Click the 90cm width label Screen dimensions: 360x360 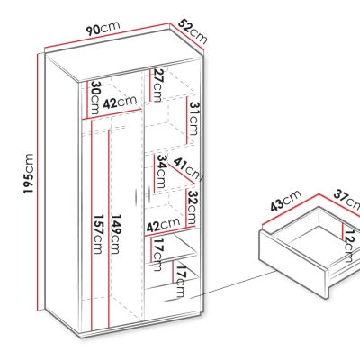point(103,29)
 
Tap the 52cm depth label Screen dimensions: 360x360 point(193,31)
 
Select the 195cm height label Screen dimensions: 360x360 point(29,174)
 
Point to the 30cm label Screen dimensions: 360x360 point(94,97)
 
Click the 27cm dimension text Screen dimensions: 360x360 point(157,85)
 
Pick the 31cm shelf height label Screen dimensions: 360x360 point(194,119)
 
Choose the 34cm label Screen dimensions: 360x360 point(161,171)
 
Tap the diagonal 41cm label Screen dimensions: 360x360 point(188,169)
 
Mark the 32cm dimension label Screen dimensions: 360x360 point(193,208)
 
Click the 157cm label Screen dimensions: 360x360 point(98,234)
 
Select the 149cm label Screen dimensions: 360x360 point(115,234)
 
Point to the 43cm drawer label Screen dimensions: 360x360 point(285,201)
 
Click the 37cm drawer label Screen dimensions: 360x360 point(347,199)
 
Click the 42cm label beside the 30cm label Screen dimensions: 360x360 point(120,102)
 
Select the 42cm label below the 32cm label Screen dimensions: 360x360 point(162,224)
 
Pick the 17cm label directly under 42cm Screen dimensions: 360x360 point(158,255)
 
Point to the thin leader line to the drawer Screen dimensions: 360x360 point(233,284)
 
